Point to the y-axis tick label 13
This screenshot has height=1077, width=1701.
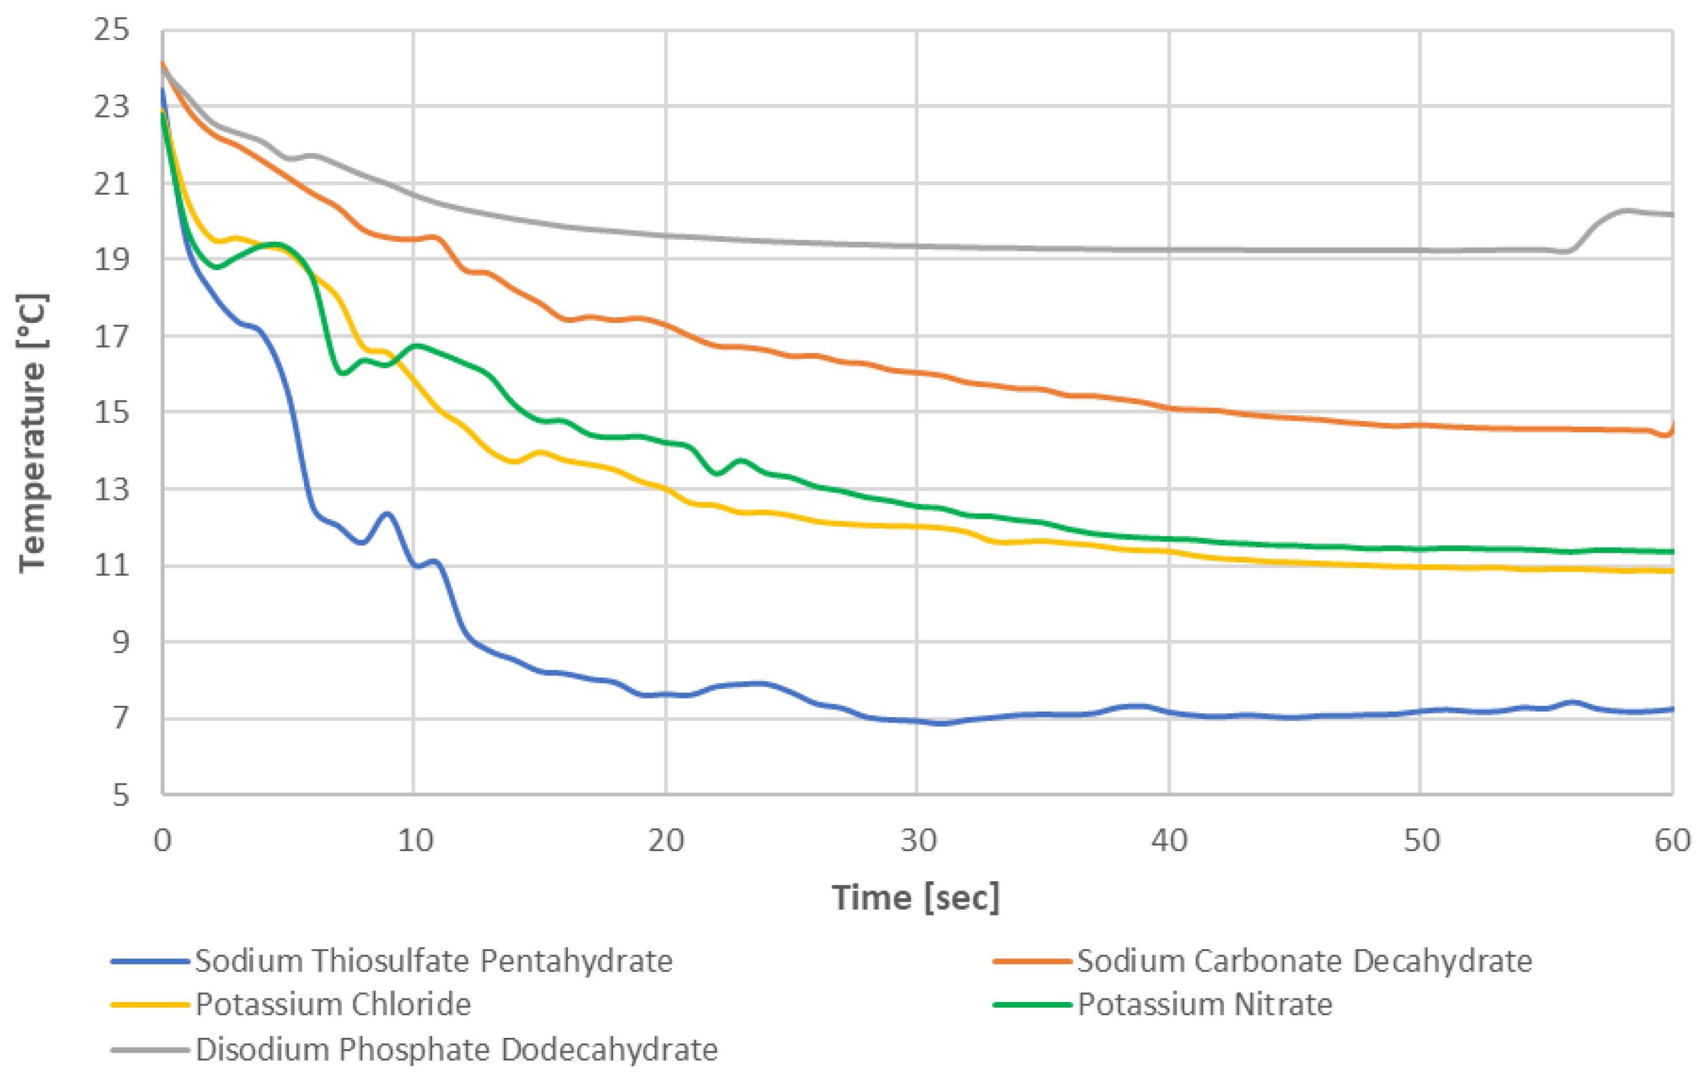(112, 489)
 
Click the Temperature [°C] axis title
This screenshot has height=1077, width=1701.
(32, 432)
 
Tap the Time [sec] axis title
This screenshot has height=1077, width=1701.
(916, 898)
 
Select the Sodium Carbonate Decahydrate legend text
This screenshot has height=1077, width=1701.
(1304, 961)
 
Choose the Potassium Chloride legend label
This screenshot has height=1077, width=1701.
(333, 1004)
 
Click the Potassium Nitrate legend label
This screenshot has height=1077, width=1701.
(1204, 1004)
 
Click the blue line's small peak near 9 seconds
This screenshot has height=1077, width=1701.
(387, 514)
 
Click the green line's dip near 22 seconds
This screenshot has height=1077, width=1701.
(717, 473)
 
